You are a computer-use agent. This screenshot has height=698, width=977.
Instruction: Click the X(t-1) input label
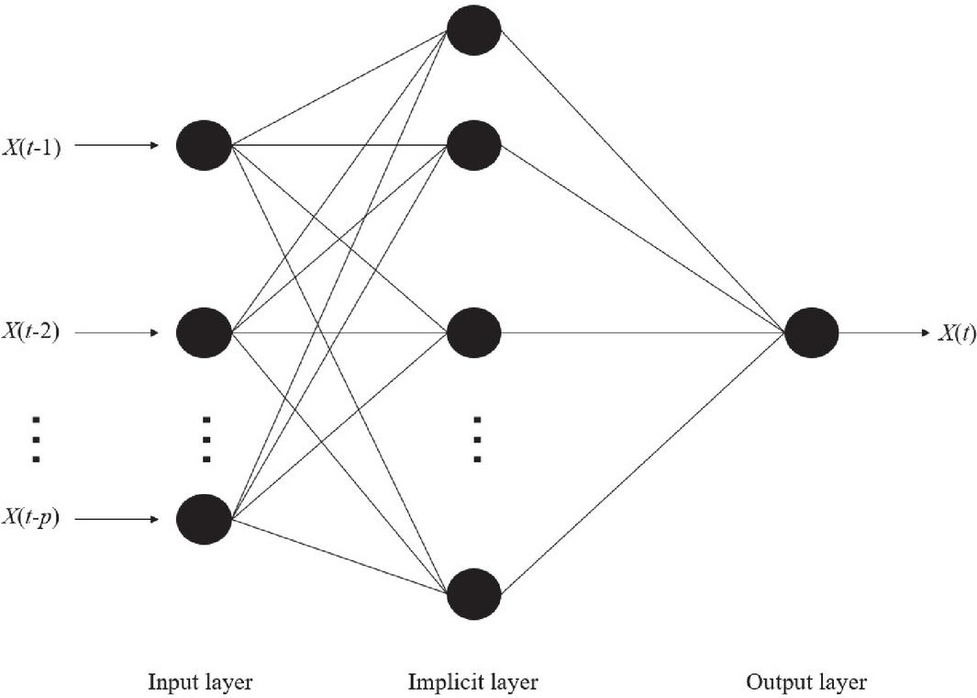click(x=31, y=146)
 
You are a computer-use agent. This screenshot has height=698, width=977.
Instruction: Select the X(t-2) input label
click(x=31, y=332)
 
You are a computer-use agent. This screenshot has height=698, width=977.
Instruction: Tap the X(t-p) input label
click(x=31, y=519)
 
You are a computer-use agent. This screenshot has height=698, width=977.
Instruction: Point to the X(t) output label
click(x=957, y=333)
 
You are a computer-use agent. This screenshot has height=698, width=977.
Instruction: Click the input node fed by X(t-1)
click(x=204, y=145)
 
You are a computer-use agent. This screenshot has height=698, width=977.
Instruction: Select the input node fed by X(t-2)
click(x=204, y=332)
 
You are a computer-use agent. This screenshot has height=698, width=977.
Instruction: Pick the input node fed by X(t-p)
click(x=204, y=519)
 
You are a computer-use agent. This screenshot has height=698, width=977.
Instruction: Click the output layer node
click(x=812, y=332)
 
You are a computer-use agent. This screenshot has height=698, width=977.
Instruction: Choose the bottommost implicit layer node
click(x=473, y=594)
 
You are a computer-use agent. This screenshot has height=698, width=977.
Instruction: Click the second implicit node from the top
click(x=473, y=145)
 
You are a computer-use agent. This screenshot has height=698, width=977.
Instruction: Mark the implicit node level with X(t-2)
click(x=473, y=332)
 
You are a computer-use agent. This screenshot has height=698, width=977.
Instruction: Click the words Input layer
click(x=200, y=681)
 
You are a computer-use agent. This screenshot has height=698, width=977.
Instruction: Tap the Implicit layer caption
click(x=472, y=681)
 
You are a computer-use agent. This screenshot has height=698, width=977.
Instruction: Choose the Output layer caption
click(x=806, y=681)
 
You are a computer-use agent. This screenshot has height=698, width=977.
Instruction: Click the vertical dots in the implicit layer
click(x=476, y=439)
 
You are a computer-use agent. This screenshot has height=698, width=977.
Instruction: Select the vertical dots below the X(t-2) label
click(x=36, y=439)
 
